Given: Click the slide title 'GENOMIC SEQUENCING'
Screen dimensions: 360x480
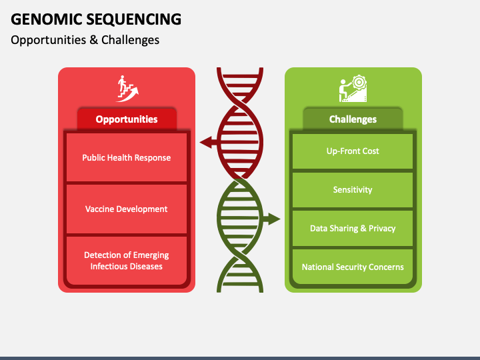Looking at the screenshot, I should point(96,19).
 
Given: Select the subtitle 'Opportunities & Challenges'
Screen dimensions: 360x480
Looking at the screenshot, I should point(85,40).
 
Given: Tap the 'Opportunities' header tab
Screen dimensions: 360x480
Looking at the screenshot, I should point(127,119).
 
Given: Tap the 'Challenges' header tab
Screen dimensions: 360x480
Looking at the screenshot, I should point(353,119).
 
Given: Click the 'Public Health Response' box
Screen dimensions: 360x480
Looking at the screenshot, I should point(127,158).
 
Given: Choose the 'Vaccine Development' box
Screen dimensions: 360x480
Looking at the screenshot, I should point(127,209).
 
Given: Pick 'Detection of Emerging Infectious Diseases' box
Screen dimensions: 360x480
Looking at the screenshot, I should point(127,261).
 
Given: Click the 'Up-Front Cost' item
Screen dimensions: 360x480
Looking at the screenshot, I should point(353,151).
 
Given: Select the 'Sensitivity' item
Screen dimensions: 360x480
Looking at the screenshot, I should point(353,190).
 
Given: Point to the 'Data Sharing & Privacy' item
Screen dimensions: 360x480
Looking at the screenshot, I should point(353,229).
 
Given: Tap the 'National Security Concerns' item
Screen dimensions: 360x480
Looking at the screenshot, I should point(353,267).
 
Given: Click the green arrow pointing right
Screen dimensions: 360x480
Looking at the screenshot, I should point(271,219).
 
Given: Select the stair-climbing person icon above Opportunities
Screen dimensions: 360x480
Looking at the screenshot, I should point(127,87).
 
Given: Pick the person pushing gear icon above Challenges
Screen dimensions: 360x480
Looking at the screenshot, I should point(353,87).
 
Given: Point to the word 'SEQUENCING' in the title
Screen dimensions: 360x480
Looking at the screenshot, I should point(137,19).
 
